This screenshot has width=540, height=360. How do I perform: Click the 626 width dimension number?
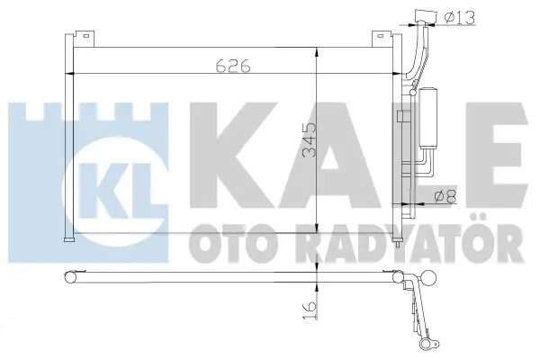click(233, 66)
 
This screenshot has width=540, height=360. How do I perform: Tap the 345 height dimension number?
click(309, 139)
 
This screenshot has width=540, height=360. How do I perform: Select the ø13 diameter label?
click(459, 18)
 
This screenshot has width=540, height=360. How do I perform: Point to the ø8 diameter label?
click(445, 197)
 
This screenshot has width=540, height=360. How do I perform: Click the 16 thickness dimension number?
click(310, 310)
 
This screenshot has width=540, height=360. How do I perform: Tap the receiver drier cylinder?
click(427, 118)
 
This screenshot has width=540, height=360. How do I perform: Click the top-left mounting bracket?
click(84, 39)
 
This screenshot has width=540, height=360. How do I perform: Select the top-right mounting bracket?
click(382, 39)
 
